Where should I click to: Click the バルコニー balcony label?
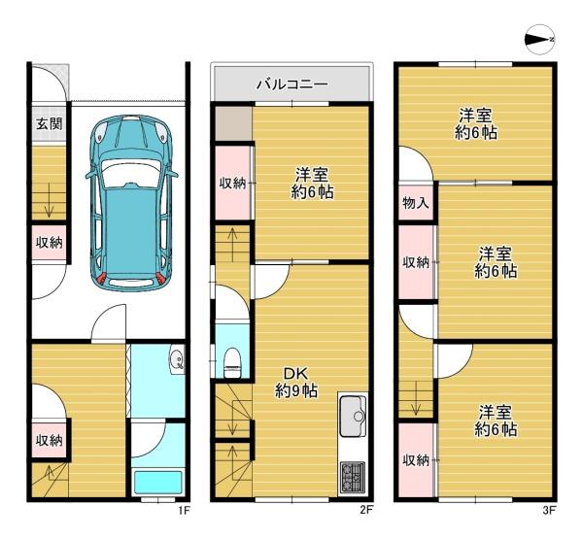(x=291, y=84)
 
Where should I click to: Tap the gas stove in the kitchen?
(x=352, y=476)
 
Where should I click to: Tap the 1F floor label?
(x=183, y=509)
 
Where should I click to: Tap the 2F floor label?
(x=366, y=509)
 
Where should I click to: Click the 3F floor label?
(x=549, y=509)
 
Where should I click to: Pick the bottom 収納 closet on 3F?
(x=416, y=459)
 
